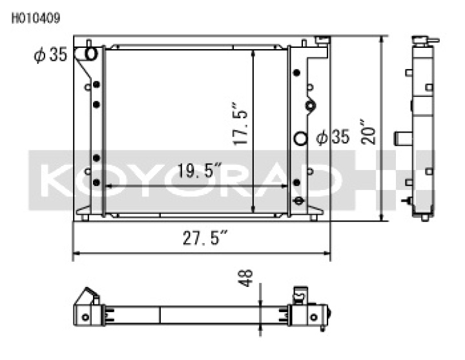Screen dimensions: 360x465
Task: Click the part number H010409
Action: [x=36, y=18]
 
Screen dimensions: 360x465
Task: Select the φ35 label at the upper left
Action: [x=50, y=56]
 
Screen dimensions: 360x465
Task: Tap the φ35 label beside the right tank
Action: [x=333, y=137]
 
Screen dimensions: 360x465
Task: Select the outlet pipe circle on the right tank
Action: [x=300, y=138]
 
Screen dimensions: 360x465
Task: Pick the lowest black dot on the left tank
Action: [x=96, y=184]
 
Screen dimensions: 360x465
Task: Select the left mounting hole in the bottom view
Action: [x=85, y=316]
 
